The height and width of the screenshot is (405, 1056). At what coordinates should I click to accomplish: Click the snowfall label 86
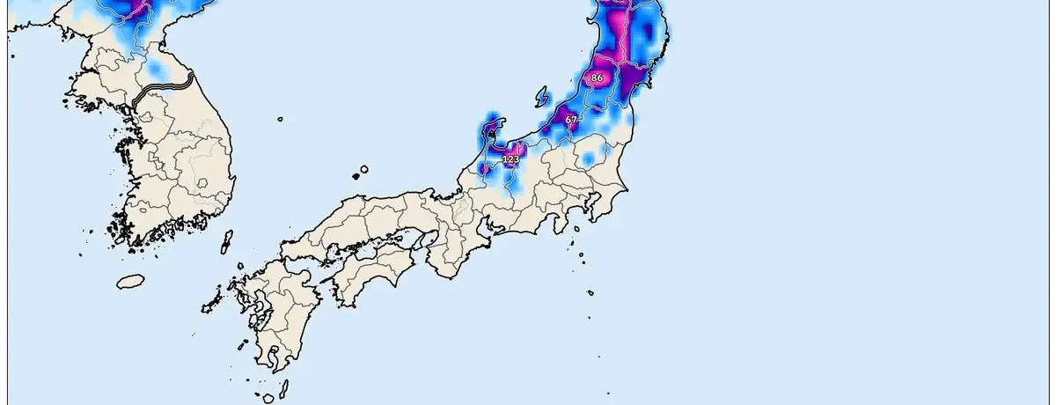[x=597, y=77]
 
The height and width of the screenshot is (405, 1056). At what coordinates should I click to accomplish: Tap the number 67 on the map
[x=571, y=119]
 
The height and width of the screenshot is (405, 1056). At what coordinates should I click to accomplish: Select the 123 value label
[x=510, y=158]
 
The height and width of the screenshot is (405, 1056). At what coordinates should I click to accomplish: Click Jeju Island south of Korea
[x=130, y=281]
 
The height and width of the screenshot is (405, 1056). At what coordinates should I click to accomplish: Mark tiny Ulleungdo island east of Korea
[x=280, y=119]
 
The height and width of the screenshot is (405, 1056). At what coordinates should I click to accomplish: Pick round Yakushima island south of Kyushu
[x=268, y=398]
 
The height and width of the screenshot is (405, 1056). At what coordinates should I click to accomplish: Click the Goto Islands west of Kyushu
[x=211, y=304]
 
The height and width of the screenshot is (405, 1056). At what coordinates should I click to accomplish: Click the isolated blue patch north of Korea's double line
[x=157, y=67]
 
